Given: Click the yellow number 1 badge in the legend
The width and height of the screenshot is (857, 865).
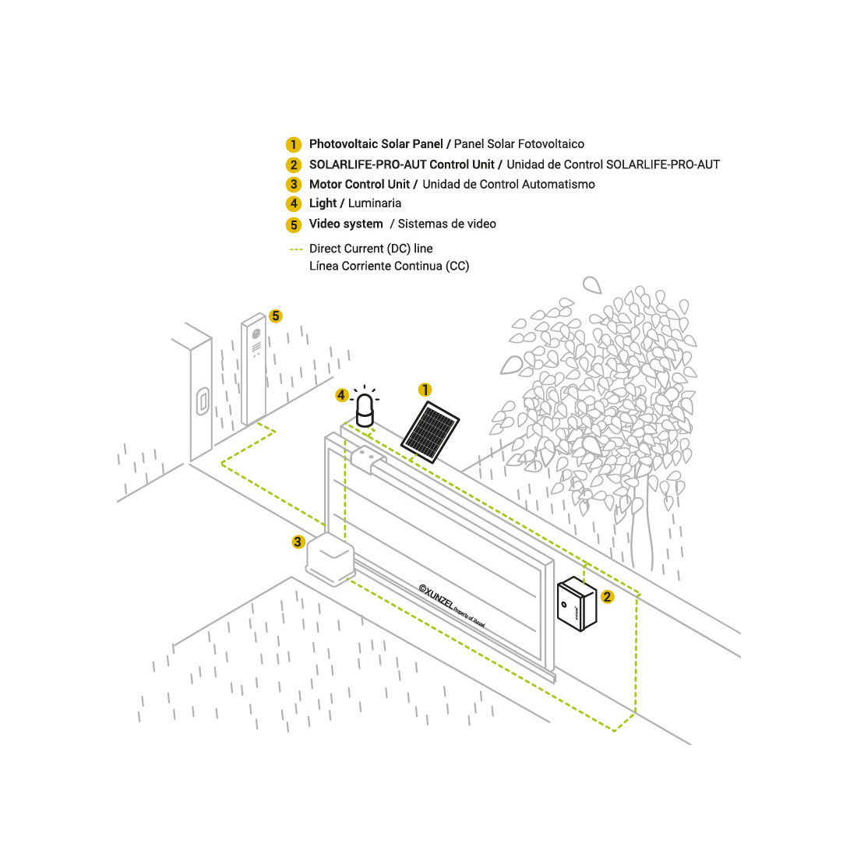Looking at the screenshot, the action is coord(294,144).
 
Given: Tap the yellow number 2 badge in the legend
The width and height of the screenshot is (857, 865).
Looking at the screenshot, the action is coord(294,165).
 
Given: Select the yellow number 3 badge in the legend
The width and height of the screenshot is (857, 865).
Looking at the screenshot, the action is coord(294,184).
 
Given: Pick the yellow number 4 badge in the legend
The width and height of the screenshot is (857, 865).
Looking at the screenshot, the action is coord(294,203).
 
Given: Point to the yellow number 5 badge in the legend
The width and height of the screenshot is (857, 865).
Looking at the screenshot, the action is coord(294,224).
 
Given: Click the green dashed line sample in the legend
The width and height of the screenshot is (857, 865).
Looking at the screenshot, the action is coord(296,249).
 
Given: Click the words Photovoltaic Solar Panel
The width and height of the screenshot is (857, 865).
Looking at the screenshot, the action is coord(376,144).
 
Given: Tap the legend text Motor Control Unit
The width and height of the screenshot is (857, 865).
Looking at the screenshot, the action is coord(359,184).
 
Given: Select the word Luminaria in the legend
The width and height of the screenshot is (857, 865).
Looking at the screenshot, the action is coord(375,203).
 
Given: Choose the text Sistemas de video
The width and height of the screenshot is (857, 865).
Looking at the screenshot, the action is coord(446,224).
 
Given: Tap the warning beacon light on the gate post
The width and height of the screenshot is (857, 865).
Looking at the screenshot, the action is coord(365,411).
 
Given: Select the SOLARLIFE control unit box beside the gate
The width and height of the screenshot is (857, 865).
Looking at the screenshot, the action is coord(577,603).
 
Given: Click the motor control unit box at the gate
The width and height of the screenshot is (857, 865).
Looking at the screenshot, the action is coord(330,558).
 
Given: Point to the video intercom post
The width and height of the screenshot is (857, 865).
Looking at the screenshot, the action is coord(254,369).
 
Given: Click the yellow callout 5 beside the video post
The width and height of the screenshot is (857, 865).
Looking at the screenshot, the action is coord(276,316).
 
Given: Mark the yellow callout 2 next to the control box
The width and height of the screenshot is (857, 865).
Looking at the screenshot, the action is coord(607,596).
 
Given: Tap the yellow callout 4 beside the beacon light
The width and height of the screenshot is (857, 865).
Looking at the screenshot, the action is coord(341,395).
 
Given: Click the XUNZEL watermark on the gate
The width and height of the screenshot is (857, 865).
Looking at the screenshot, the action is coord(452,606).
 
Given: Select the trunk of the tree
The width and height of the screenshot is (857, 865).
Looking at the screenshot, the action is coord(642,530).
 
